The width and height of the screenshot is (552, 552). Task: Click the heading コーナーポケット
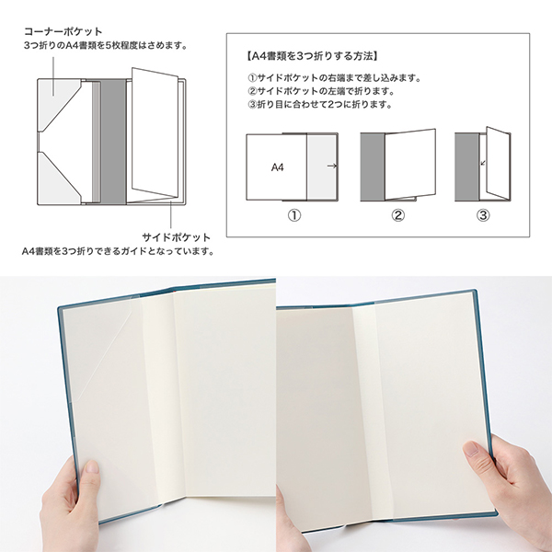[63, 32]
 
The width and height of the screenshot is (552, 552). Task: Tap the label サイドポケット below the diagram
[176, 237]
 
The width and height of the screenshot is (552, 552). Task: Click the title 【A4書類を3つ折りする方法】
[311, 56]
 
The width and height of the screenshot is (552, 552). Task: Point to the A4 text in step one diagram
[278, 167]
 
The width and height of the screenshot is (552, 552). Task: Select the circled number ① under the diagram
[294, 215]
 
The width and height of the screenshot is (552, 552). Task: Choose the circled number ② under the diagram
[397, 215]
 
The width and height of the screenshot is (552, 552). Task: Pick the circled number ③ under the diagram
[483, 215]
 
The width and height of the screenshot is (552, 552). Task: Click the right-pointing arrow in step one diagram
[332, 166]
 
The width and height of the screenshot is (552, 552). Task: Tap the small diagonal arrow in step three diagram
[483, 163]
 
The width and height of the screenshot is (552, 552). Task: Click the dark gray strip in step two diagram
[373, 167]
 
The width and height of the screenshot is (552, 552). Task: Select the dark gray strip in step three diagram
[466, 167]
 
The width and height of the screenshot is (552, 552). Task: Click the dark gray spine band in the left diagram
[113, 141]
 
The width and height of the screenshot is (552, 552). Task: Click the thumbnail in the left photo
[93, 467]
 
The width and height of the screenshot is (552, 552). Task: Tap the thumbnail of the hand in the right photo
[471, 450]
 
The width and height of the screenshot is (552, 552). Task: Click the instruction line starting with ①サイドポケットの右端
[334, 78]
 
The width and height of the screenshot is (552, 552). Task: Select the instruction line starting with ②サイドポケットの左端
[321, 91]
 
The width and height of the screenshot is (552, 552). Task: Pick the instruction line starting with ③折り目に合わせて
[319, 105]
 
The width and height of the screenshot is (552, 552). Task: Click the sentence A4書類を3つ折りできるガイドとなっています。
[119, 251]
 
